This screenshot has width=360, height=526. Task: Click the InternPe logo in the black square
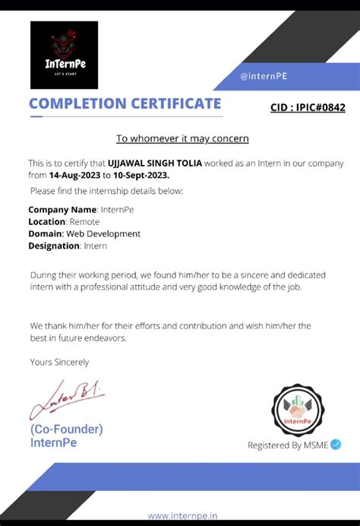pyautogui.click(x=64, y=55)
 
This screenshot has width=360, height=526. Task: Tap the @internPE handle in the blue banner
pyautogui.click(x=264, y=76)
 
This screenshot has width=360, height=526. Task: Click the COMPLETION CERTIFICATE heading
pyautogui.click(x=125, y=103)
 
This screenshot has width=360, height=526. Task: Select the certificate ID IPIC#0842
pyautogui.click(x=308, y=107)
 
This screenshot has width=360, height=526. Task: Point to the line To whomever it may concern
pyautogui.click(x=182, y=138)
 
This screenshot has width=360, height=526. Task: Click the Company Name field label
pyautogui.click(x=62, y=209)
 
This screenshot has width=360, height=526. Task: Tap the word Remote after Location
pyautogui.click(x=84, y=221)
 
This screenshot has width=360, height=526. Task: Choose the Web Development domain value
pyautogui.click(x=103, y=233)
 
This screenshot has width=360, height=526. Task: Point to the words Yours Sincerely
pyautogui.click(x=59, y=362)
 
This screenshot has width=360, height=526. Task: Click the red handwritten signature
pyautogui.click(x=65, y=401)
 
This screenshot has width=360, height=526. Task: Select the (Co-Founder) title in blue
pyautogui.click(x=66, y=429)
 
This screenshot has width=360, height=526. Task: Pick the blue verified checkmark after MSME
pyautogui.click(x=336, y=445)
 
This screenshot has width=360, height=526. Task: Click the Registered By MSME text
pyautogui.click(x=287, y=445)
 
